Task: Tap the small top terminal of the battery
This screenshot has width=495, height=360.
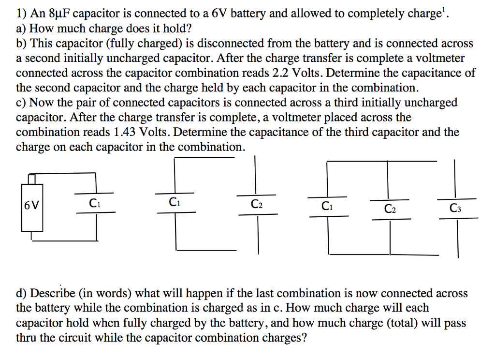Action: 32,179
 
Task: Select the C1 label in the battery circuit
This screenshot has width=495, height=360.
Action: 95,203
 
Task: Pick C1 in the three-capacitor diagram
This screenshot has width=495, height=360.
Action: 327,206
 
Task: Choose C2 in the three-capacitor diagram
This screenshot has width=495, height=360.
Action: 390,209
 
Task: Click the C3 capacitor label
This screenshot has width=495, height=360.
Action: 455,209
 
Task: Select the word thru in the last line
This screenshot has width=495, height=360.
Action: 27,337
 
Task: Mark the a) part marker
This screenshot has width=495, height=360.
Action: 22,29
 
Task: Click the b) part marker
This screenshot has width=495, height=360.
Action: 22,44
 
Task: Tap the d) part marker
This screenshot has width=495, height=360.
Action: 22,293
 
